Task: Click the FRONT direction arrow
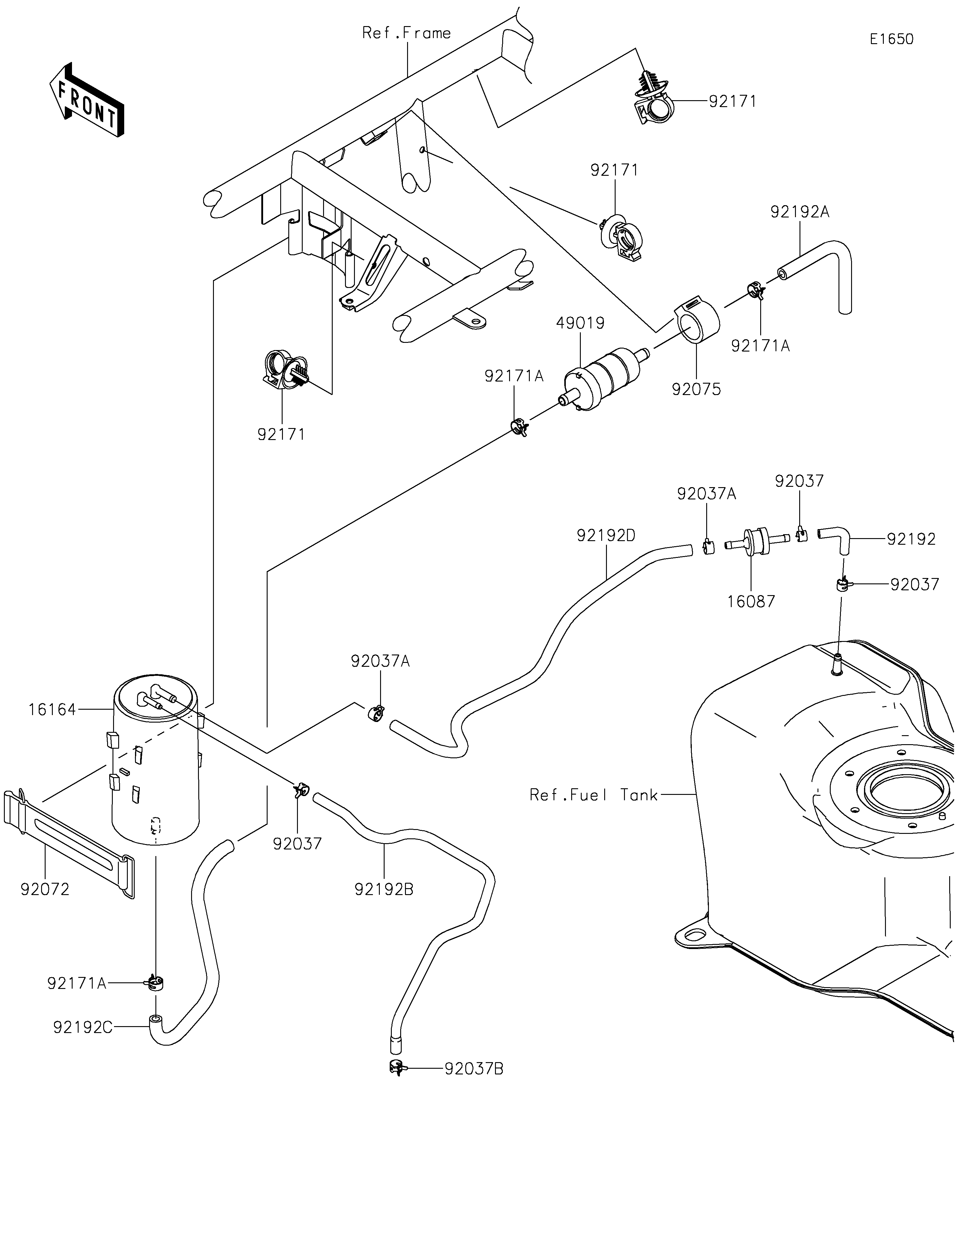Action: point(86,99)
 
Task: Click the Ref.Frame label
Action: point(406,33)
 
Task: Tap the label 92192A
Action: point(800,212)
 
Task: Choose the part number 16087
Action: point(751,601)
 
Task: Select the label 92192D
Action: point(606,535)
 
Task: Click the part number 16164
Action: point(52,709)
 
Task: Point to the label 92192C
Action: point(83,1027)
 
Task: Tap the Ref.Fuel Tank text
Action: point(593,795)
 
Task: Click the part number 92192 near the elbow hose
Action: point(911,539)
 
